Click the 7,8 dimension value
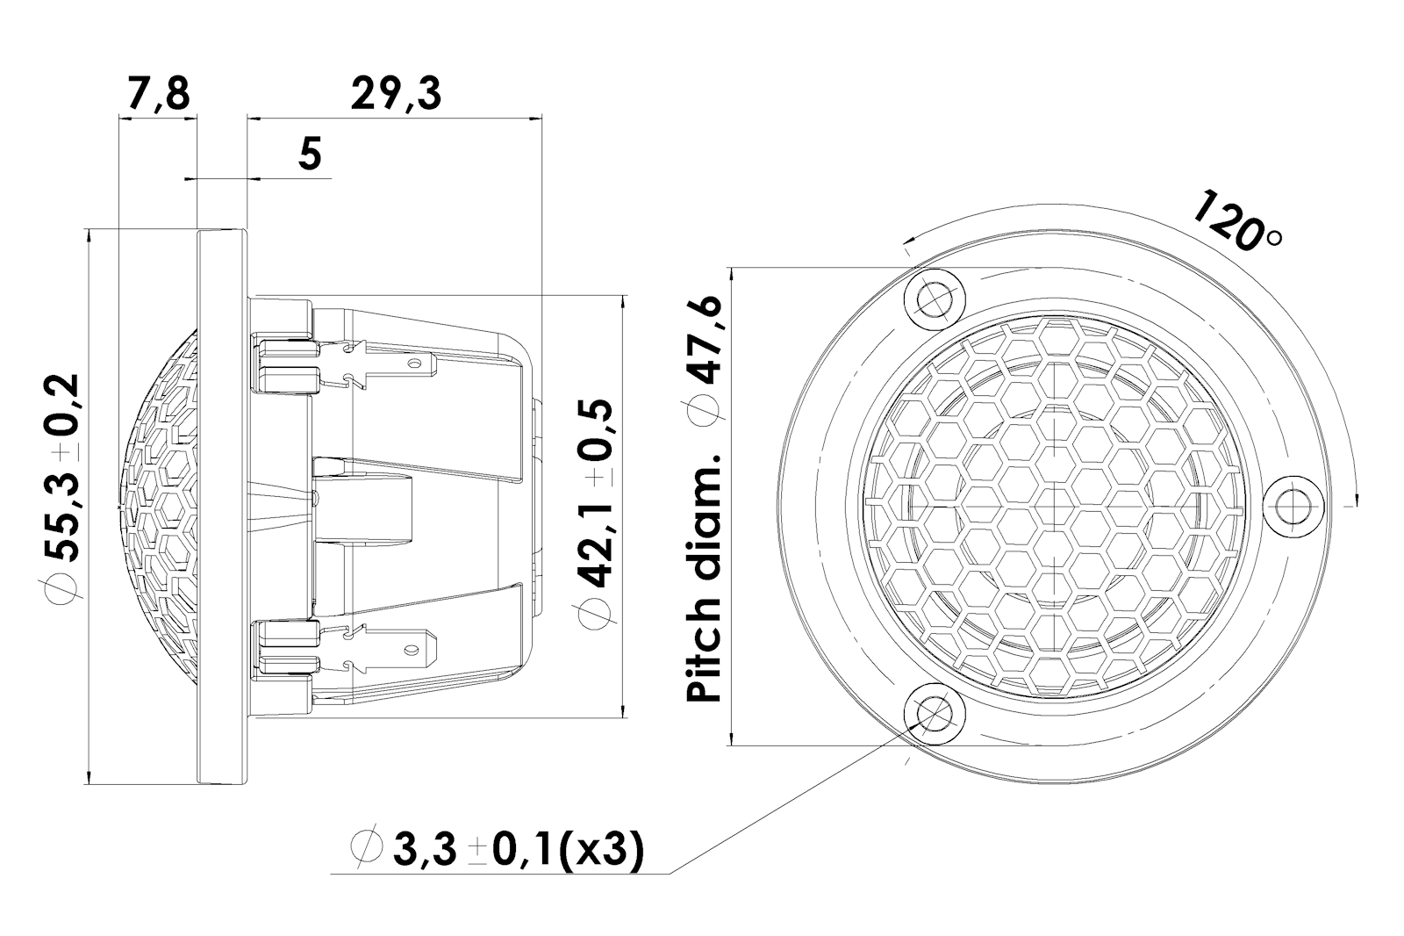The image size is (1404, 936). click(x=158, y=93)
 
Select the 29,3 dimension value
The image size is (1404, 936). click(x=395, y=93)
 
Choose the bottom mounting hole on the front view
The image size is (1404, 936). click(x=934, y=713)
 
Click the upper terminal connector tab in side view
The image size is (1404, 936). click(x=386, y=363)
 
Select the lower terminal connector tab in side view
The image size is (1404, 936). click(x=386, y=650)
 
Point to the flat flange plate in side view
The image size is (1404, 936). click(x=222, y=506)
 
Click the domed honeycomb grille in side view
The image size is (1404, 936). click(x=158, y=506)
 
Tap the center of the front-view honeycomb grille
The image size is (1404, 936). click(x=1052, y=506)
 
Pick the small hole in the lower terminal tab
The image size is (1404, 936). click(x=409, y=651)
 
